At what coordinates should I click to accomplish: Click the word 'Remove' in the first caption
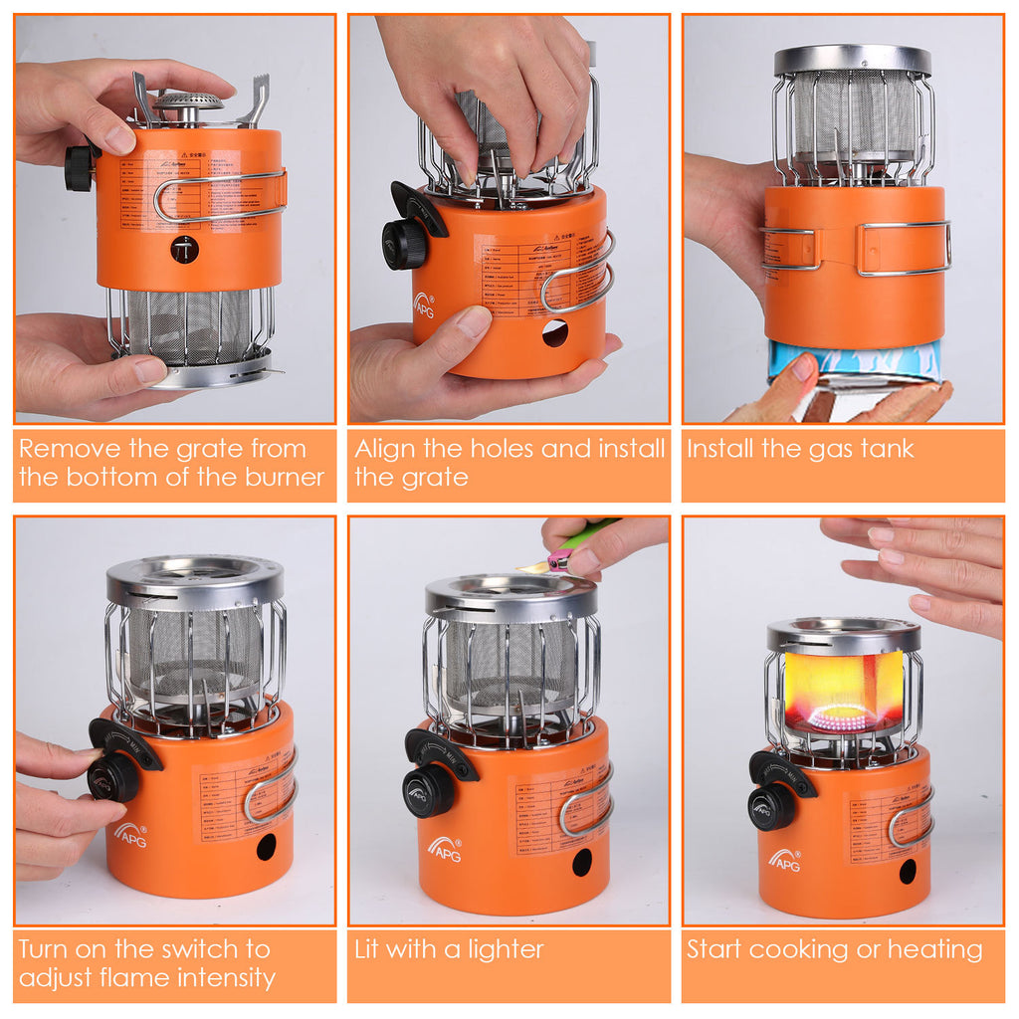(x=64, y=448)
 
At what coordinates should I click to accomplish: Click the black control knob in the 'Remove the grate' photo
(x=79, y=169)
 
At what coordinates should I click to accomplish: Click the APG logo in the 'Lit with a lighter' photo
(x=445, y=850)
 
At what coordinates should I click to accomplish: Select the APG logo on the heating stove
(x=784, y=860)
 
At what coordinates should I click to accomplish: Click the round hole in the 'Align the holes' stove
(x=554, y=333)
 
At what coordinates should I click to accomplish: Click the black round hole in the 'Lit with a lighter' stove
(x=582, y=861)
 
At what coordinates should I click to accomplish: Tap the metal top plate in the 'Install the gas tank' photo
(x=853, y=60)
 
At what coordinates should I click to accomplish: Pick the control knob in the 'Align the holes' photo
(x=405, y=243)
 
